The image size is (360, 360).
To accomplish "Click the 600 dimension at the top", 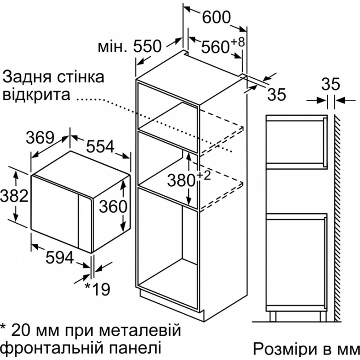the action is click(216, 17).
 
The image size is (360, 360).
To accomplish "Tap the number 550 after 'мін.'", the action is click(148, 46).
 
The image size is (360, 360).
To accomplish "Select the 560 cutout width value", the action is click(216, 47).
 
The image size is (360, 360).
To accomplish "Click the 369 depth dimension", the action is click(40, 138).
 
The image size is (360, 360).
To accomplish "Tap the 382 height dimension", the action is click(14, 196).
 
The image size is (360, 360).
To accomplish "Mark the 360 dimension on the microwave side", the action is click(113, 206).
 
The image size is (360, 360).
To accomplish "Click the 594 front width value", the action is click(60, 257).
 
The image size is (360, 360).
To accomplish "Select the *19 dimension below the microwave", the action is click(98, 289).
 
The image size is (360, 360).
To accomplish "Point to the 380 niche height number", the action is click(181, 180).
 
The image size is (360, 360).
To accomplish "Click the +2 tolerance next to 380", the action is click(203, 175).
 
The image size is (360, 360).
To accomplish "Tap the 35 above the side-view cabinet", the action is click(330, 84).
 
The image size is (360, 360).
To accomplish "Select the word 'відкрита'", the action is click(36, 94).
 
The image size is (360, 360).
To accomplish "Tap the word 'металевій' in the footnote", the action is click(141, 330).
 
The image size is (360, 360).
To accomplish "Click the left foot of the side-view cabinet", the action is click(273, 317).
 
